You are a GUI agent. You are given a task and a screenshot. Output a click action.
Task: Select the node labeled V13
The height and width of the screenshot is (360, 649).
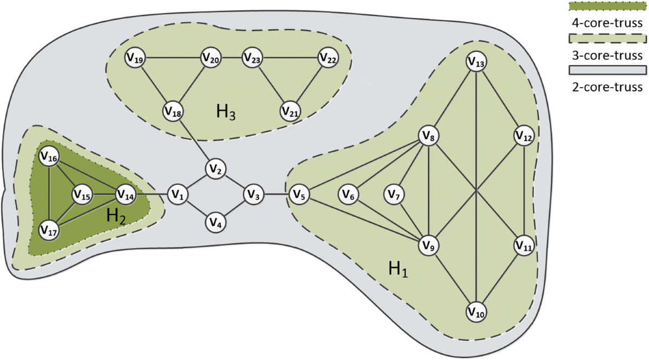point(476,63)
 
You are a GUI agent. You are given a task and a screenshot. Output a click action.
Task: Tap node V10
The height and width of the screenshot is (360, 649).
point(476,312)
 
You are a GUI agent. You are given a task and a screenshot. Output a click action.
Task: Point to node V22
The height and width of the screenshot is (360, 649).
point(328,58)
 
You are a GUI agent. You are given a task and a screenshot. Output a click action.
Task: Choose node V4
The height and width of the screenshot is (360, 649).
point(215,222)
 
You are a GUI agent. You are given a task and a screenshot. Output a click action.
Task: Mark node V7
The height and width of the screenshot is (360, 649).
point(394,194)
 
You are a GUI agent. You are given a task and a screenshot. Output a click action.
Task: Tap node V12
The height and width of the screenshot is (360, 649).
point(524,136)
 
